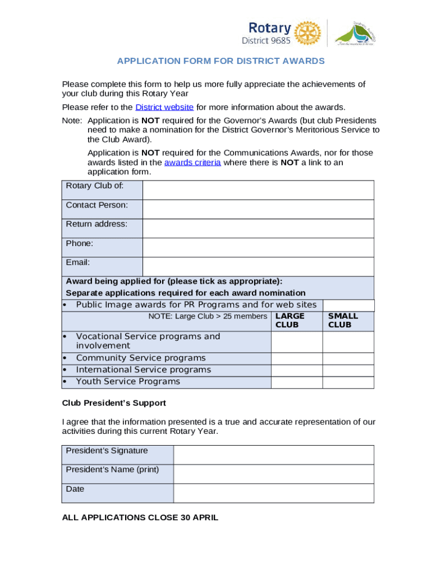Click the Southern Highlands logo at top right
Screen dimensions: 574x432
click(x=355, y=33)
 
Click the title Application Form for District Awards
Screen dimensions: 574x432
click(x=220, y=61)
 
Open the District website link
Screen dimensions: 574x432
click(x=164, y=107)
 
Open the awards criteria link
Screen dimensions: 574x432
click(x=192, y=163)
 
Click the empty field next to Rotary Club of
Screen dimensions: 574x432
click(x=258, y=190)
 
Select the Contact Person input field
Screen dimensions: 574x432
click(x=258, y=209)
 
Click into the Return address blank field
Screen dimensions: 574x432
click(x=258, y=228)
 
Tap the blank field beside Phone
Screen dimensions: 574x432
click(x=258, y=247)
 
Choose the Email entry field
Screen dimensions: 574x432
click(x=258, y=266)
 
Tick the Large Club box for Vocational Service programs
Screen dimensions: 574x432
click(x=297, y=341)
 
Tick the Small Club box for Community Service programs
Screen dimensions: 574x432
click(x=348, y=358)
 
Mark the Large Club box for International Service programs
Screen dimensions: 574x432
click(x=297, y=370)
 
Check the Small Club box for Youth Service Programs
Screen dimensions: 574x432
click(x=348, y=382)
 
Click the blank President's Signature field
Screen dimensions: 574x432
click(x=273, y=455)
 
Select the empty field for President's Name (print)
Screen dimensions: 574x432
click(x=273, y=474)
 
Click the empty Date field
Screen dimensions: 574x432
click(x=273, y=493)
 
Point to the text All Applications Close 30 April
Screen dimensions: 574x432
click(x=140, y=517)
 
